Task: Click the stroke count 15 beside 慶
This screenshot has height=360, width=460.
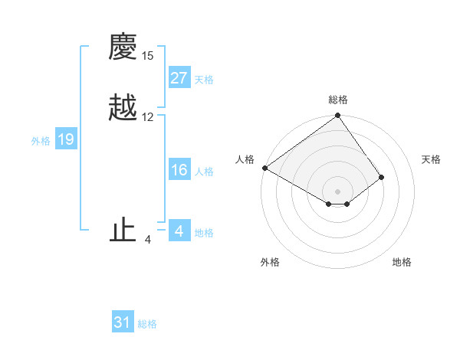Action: pos(148,56)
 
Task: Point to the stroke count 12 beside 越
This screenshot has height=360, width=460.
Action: pos(148,117)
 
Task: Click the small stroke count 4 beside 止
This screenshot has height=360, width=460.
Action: pos(147,240)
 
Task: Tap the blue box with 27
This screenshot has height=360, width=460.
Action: pos(179,78)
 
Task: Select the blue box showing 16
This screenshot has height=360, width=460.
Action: pos(179,170)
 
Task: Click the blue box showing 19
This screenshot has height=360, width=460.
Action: pos(66,139)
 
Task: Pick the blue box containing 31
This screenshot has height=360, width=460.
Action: pos(123,322)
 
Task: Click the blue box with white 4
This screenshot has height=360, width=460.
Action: pos(179,231)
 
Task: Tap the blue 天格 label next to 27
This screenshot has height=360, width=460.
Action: pos(204,80)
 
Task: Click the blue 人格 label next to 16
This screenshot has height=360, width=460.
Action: pos(204,172)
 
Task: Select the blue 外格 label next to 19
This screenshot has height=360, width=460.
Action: pos(41,141)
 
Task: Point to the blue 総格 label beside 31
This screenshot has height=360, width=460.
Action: pos(147,324)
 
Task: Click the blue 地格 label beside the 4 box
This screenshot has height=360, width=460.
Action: pos(204,233)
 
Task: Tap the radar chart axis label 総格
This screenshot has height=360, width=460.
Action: pos(337,100)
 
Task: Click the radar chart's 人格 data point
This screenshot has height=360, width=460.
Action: pos(264,168)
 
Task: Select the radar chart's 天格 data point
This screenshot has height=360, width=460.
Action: pos(382,177)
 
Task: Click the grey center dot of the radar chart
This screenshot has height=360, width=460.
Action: pos(337,191)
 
